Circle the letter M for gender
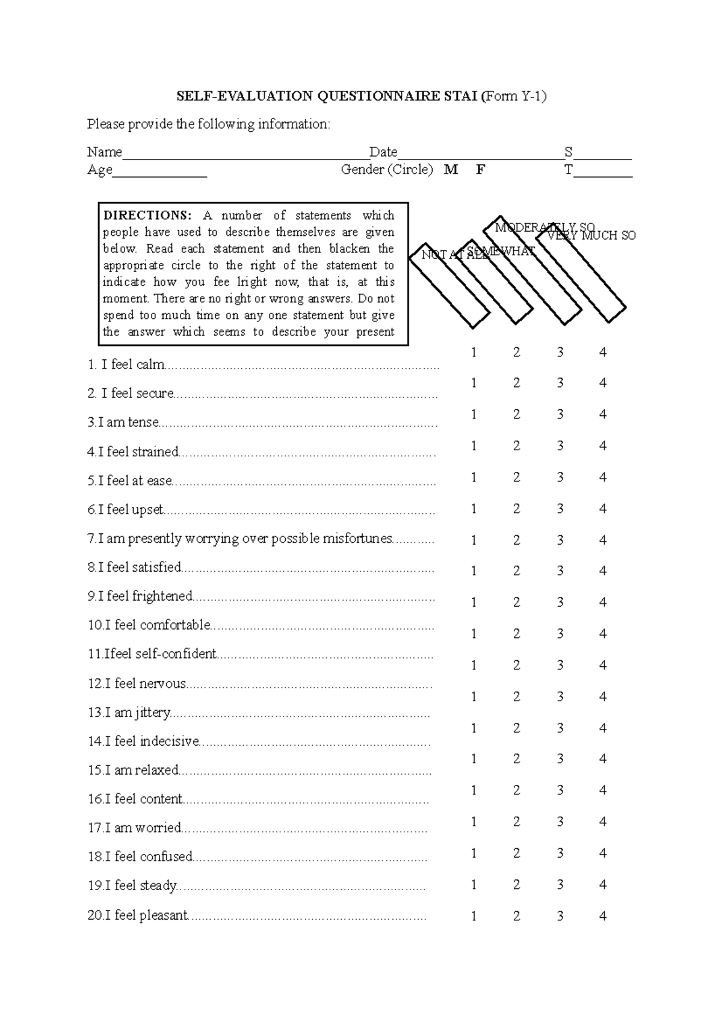tap(451, 170)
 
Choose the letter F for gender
tap(480, 170)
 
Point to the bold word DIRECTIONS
tap(147, 215)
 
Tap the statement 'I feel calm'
tap(133, 365)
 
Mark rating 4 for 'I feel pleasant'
tap(603, 916)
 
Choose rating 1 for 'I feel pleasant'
tap(474, 916)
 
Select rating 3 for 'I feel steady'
tap(560, 885)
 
